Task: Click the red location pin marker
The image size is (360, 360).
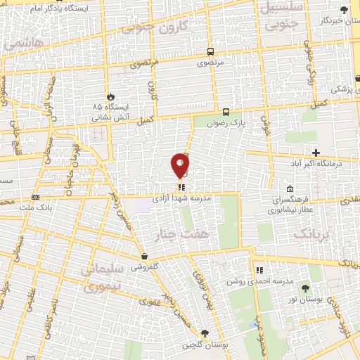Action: pos(181,165)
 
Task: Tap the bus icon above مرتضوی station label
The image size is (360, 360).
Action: pos(211,52)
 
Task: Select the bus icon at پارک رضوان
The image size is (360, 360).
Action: pos(226,112)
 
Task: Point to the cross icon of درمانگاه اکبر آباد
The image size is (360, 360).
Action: pos(316,153)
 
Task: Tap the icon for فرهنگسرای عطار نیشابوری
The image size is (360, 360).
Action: pos(290,188)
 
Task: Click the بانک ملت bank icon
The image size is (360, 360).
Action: pos(36,198)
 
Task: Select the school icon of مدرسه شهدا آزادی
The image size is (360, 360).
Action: pos(181,188)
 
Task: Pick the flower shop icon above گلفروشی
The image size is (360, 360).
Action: pos(144,257)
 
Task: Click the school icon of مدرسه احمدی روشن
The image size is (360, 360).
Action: pos(259,269)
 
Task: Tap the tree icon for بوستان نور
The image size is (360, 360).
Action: pos(304,288)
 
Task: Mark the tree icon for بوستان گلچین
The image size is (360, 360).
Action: pos(204,333)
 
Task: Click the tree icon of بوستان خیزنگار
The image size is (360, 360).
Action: pos(344,10)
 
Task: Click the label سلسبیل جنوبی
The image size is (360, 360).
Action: pos(284,14)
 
